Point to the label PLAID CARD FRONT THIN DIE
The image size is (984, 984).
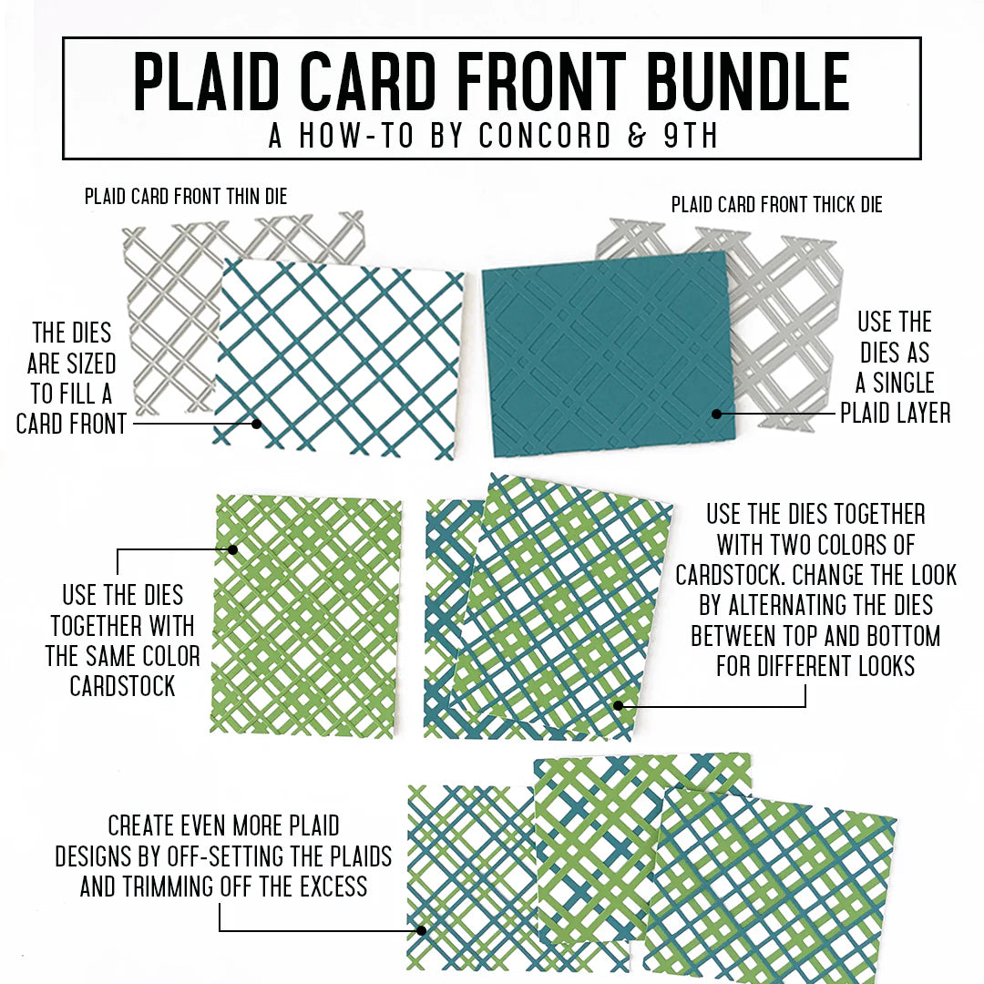coord(186,196)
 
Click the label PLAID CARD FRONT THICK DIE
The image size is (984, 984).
coord(776,205)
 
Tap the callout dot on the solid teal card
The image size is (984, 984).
coord(717,414)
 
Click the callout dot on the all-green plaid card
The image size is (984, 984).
coord(232,549)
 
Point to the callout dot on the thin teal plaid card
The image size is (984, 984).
coord(257,423)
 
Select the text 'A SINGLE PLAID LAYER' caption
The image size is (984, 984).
coord(895,397)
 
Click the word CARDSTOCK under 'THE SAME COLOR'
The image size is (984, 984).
coord(123,686)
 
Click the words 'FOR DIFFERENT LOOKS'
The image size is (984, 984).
coord(815,666)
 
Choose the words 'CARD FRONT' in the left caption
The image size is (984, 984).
coord(71,424)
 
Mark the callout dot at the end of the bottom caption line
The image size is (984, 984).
coord(421,930)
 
